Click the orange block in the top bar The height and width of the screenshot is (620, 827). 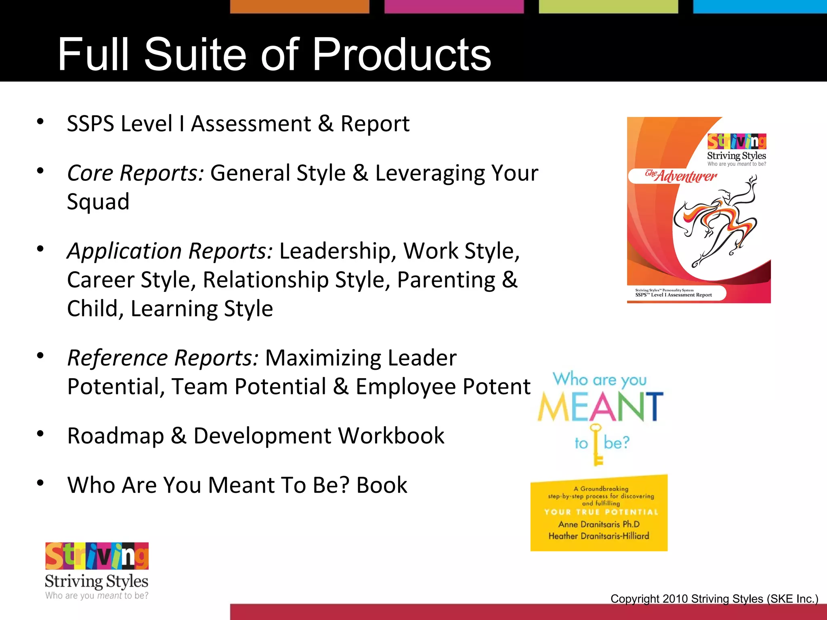point(300,6)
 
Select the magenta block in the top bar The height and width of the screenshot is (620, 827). point(454,6)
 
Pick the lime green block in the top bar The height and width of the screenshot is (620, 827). point(608,6)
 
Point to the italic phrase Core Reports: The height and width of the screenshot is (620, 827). point(136,173)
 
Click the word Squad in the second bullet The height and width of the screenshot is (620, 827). point(98,201)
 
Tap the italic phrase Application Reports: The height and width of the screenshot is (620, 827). point(170,251)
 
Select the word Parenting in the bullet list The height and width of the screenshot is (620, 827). point(446,280)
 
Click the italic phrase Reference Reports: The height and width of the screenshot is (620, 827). point(163,358)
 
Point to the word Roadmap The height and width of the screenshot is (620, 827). point(115,436)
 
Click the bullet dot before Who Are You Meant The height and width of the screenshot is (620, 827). point(40,483)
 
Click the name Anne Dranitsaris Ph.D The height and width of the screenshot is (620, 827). point(599,524)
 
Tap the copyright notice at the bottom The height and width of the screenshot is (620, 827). point(714,599)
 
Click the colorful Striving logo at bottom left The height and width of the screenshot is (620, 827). point(97,556)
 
